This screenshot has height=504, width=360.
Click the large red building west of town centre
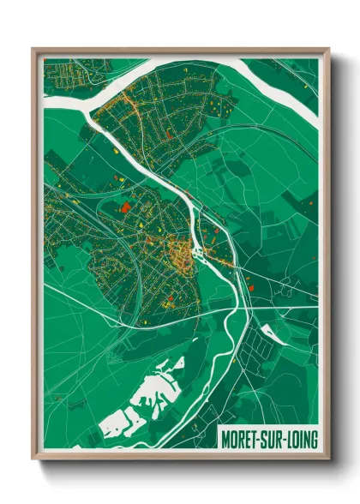126,206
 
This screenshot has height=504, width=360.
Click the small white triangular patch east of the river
273,330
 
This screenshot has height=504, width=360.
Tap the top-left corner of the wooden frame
33,49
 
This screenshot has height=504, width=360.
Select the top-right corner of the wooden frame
328,49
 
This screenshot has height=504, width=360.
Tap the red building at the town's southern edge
171,299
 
